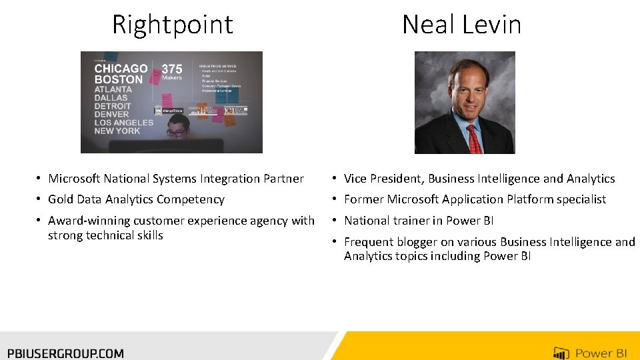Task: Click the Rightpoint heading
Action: click(172, 25)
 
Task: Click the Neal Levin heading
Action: click(461, 25)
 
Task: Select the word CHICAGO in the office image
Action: click(121, 68)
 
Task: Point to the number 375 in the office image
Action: click(172, 68)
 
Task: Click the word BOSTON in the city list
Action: click(118, 79)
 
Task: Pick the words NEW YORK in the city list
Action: click(117, 131)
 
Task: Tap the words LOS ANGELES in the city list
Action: click(123, 122)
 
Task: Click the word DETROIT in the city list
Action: click(113, 106)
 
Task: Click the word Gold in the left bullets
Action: click(60, 199)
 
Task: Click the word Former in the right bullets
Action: click(363, 199)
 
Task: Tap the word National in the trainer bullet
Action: click(367, 221)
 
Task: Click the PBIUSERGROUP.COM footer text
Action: click(65, 353)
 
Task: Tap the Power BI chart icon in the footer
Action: click(561, 353)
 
